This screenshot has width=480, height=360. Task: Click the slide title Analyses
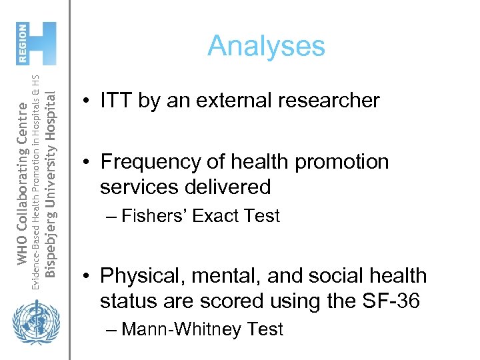point(266,46)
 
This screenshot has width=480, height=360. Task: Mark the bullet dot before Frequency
point(87,163)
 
